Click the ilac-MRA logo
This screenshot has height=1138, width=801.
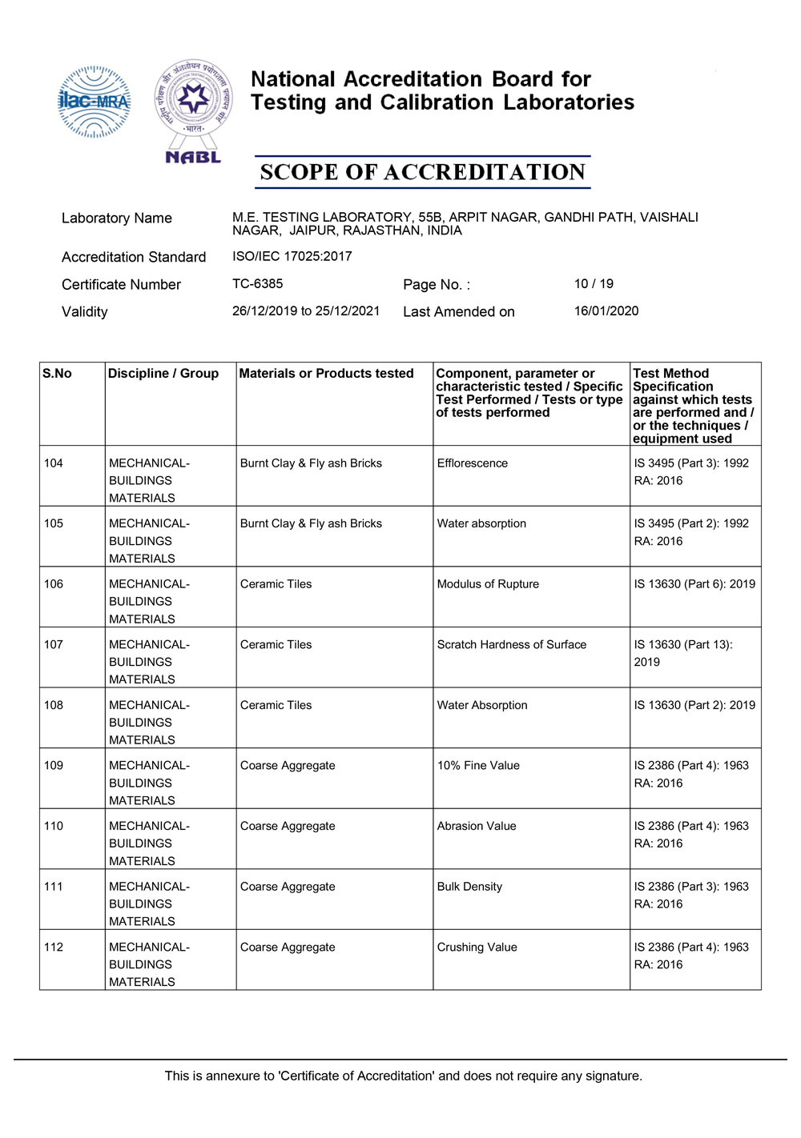[x=95, y=102]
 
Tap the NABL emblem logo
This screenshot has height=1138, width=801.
[x=193, y=110]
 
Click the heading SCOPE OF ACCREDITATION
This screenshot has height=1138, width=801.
[x=422, y=172]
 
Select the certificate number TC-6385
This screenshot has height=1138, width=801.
[x=257, y=284]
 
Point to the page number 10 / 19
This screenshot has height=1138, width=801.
[x=594, y=284]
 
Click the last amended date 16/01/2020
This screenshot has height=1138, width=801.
[x=606, y=311]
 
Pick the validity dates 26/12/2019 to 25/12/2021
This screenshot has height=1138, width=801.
[x=305, y=311]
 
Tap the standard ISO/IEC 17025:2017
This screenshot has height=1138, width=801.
[x=292, y=257]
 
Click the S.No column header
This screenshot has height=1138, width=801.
[x=57, y=374]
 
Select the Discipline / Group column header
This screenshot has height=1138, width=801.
[x=163, y=374]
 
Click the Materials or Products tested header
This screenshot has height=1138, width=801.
[x=326, y=374]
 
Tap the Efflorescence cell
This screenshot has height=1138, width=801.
[x=472, y=463]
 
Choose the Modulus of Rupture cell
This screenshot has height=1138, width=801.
[x=488, y=584]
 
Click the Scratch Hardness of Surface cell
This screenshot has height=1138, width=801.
[x=511, y=645]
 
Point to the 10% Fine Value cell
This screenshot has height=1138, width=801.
[x=478, y=766]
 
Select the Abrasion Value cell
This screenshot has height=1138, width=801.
[x=477, y=827]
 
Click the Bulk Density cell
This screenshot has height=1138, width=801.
[x=469, y=887]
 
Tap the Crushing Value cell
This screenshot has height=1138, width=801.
[x=477, y=948]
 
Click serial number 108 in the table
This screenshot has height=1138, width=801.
[x=54, y=705]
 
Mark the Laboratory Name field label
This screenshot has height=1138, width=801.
[x=117, y=218]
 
